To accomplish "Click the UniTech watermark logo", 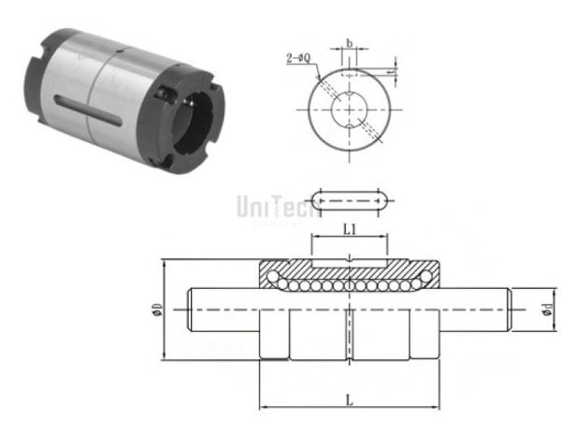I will [x=272, y=205].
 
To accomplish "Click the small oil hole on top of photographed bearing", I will [x=165, y=94].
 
